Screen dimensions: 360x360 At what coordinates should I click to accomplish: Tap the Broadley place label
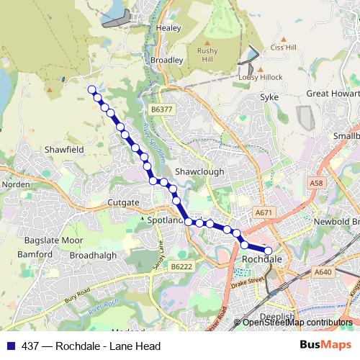(x=166, y=60)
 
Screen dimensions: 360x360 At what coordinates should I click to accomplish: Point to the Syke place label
(x=269, y=96)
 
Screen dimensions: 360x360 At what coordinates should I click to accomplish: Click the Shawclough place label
(x=199, y=172)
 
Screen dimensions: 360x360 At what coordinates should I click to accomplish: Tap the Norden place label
(x=16, y=184)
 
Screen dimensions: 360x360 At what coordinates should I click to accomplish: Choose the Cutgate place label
(x=122, y=203)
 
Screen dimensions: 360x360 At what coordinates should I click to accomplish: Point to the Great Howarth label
(x=333, y=94)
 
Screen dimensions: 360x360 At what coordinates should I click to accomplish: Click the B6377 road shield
(x=162, y=109)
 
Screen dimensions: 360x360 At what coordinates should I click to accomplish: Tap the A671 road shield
(x=265, y=213)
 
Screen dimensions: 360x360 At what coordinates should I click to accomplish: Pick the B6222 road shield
(x=181, y=266)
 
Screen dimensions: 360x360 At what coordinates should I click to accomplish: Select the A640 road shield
(x=323, y=272)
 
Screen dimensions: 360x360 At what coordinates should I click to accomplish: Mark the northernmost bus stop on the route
(x=91, y=89)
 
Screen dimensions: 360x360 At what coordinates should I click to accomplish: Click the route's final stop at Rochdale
(x=268, y=251)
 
